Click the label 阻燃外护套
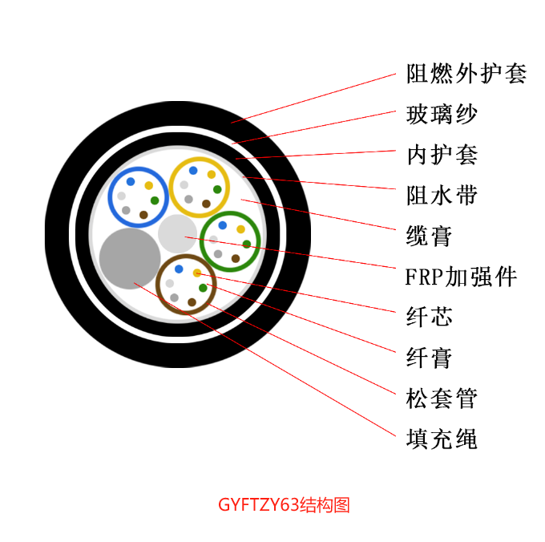(466, 73)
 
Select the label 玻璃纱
(442, 114)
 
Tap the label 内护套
(442, 155)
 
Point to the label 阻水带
(442, 195)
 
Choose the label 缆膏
(430, 236)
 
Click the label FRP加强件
(461, 277)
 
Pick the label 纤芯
(430, 317)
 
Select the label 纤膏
(430, 358)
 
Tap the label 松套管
(442, 398)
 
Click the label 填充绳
(442, 439)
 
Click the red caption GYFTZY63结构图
(284, 505)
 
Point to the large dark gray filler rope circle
(130, 259)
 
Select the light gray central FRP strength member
(178, 233)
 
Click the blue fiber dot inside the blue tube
(131, 181)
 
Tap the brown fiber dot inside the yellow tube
(206, 204)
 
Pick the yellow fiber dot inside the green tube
(241, 229)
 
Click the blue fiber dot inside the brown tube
(179, 269)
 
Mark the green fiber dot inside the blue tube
(155, 200)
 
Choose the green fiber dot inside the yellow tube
(217, 189)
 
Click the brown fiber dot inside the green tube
(236, 258)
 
